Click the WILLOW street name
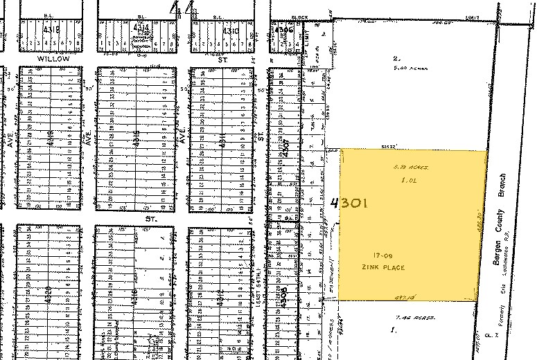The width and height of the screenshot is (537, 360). click(53, 60)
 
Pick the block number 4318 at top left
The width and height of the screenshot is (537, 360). click(53, 31)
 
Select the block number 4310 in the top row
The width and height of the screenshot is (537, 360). click(230, 31)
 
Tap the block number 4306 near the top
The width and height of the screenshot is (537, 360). click(283, 30)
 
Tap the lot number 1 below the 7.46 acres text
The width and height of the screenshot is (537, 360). click(394, 330)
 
